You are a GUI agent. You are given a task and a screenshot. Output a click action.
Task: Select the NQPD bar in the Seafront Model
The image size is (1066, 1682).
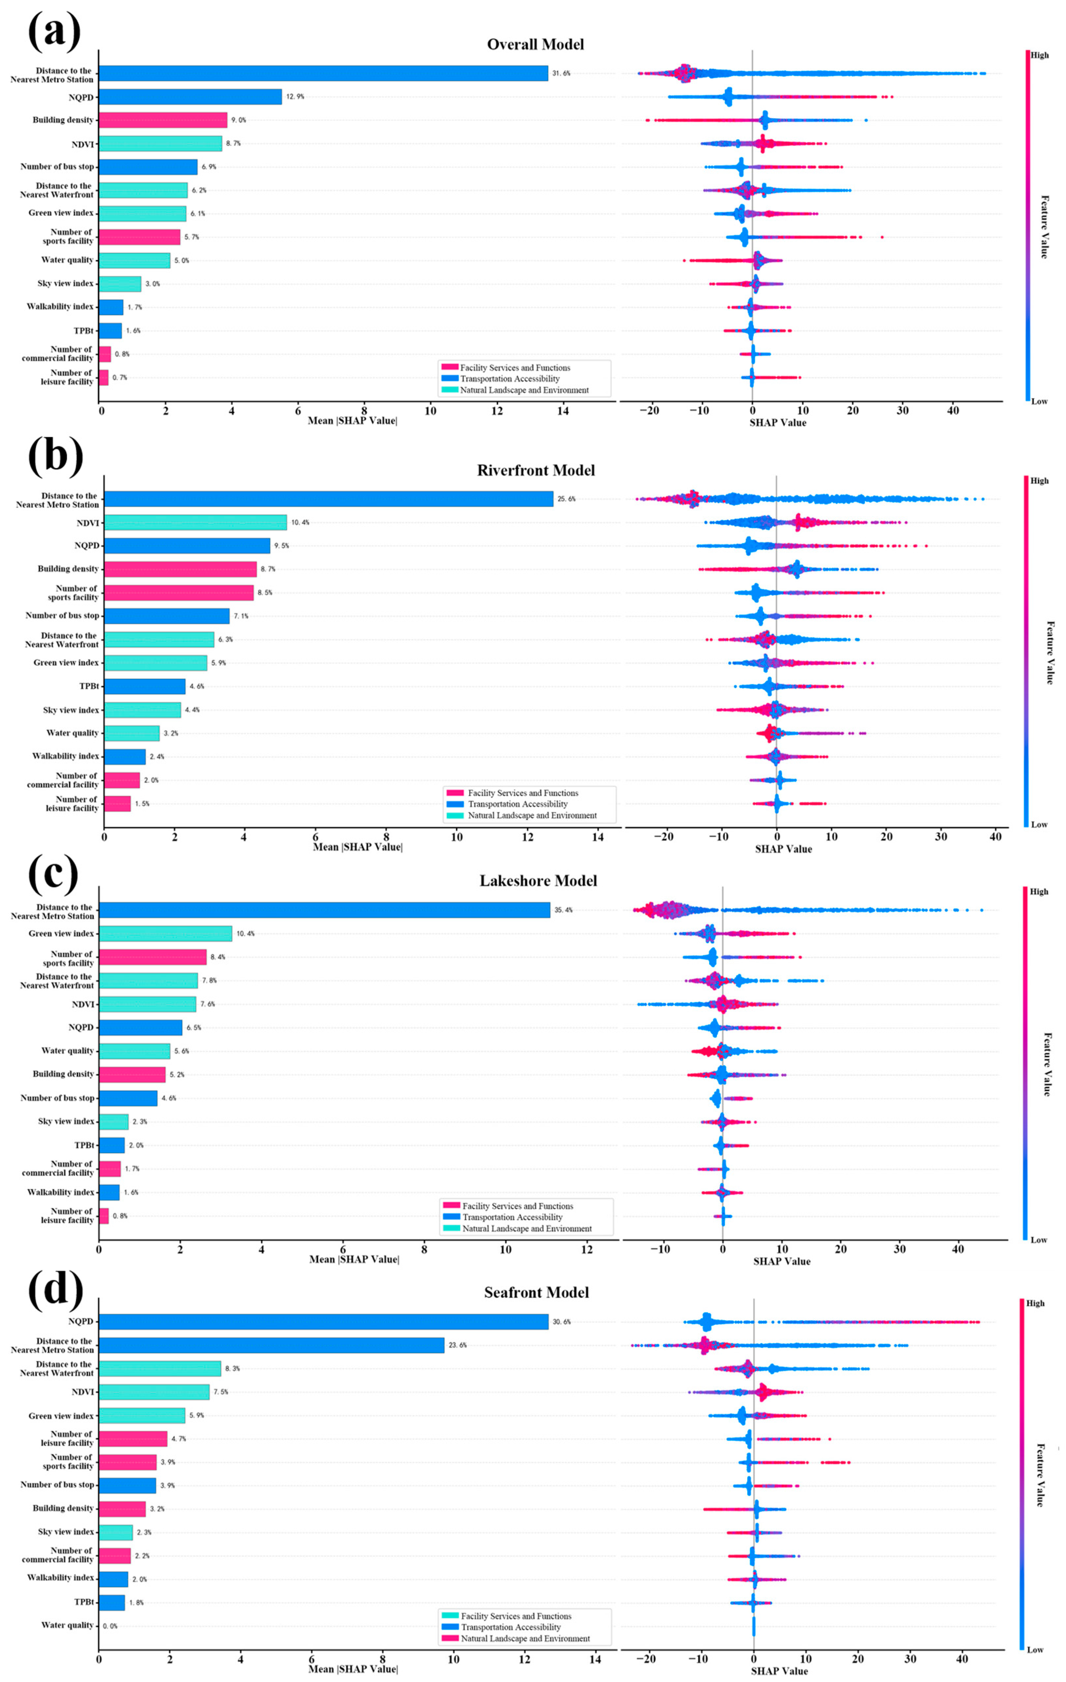pos(323,1322)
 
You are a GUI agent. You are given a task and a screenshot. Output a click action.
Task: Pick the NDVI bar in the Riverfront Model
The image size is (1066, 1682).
pos(196,522)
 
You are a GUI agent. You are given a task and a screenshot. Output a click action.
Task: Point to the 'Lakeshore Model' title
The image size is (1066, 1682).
pos(538,881)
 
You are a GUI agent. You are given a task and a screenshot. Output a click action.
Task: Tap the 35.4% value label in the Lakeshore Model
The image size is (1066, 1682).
pos(563,910)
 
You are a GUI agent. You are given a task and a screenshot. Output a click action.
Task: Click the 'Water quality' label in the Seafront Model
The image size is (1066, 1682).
pos(67,1625)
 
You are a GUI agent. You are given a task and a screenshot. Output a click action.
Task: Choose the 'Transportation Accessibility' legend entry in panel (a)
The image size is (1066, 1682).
pos(509,379)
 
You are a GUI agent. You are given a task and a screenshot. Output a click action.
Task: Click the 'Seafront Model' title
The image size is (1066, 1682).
pos(537,1293)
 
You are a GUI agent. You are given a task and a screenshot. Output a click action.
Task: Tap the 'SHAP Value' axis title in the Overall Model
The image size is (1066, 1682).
pos(777,423)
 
